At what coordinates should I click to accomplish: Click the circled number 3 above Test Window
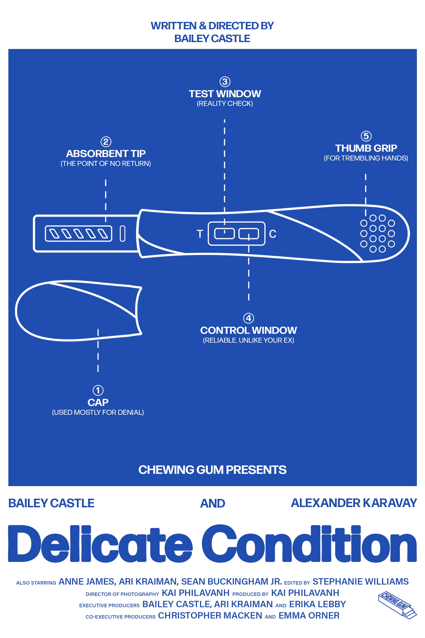225,82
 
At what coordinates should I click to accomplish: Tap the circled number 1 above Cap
98,390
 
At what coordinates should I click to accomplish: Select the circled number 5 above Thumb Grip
366,136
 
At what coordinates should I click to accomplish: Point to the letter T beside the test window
200,234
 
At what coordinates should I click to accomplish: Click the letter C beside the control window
273,234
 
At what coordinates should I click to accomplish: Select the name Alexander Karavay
354,503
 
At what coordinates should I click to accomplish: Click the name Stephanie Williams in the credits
361,581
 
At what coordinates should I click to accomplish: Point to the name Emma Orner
309,616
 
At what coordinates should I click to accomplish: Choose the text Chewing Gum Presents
212,470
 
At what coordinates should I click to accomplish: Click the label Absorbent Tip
106,154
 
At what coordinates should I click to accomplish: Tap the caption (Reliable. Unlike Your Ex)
249,340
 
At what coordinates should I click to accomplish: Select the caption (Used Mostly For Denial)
98,412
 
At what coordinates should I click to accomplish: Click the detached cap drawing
76,311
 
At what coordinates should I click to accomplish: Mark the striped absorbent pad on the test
79,234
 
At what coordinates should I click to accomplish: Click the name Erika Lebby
317,604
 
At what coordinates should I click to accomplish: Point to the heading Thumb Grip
366,148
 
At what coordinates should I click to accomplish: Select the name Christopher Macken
210,616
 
